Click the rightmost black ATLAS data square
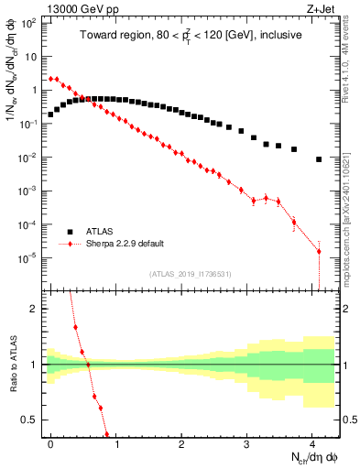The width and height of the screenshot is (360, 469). click(x=319, y=159)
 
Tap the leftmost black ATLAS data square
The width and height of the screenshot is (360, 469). click(x=50, y=115)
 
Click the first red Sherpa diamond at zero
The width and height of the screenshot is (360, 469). click(x=50, y=79)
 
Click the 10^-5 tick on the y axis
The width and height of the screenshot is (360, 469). click(x=29, y=258)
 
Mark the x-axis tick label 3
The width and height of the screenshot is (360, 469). click(x=247, y=443)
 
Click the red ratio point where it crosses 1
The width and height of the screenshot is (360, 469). click(x=89, y=365)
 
